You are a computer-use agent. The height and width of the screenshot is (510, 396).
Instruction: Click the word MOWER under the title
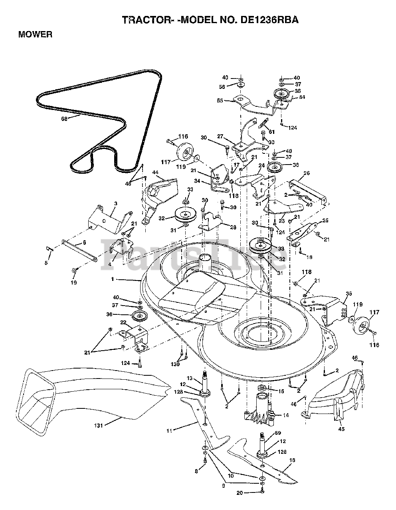[35, 34]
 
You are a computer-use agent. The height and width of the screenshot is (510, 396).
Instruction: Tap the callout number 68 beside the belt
[64, 118]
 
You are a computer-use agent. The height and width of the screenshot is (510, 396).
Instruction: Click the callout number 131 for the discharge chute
[99, 426]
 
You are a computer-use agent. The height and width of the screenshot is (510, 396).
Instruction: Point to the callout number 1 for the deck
[113, 279]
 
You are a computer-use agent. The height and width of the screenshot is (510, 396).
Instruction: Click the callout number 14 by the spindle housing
[285, 415]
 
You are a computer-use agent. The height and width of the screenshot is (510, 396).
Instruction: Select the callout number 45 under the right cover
[341, 429]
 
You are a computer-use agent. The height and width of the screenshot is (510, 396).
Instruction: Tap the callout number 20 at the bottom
[239, 493]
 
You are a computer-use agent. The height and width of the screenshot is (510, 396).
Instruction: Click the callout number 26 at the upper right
[307, 173]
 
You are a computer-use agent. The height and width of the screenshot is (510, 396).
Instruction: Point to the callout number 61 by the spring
[272, 132]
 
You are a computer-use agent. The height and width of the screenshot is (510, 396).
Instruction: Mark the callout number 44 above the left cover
[155, 172]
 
